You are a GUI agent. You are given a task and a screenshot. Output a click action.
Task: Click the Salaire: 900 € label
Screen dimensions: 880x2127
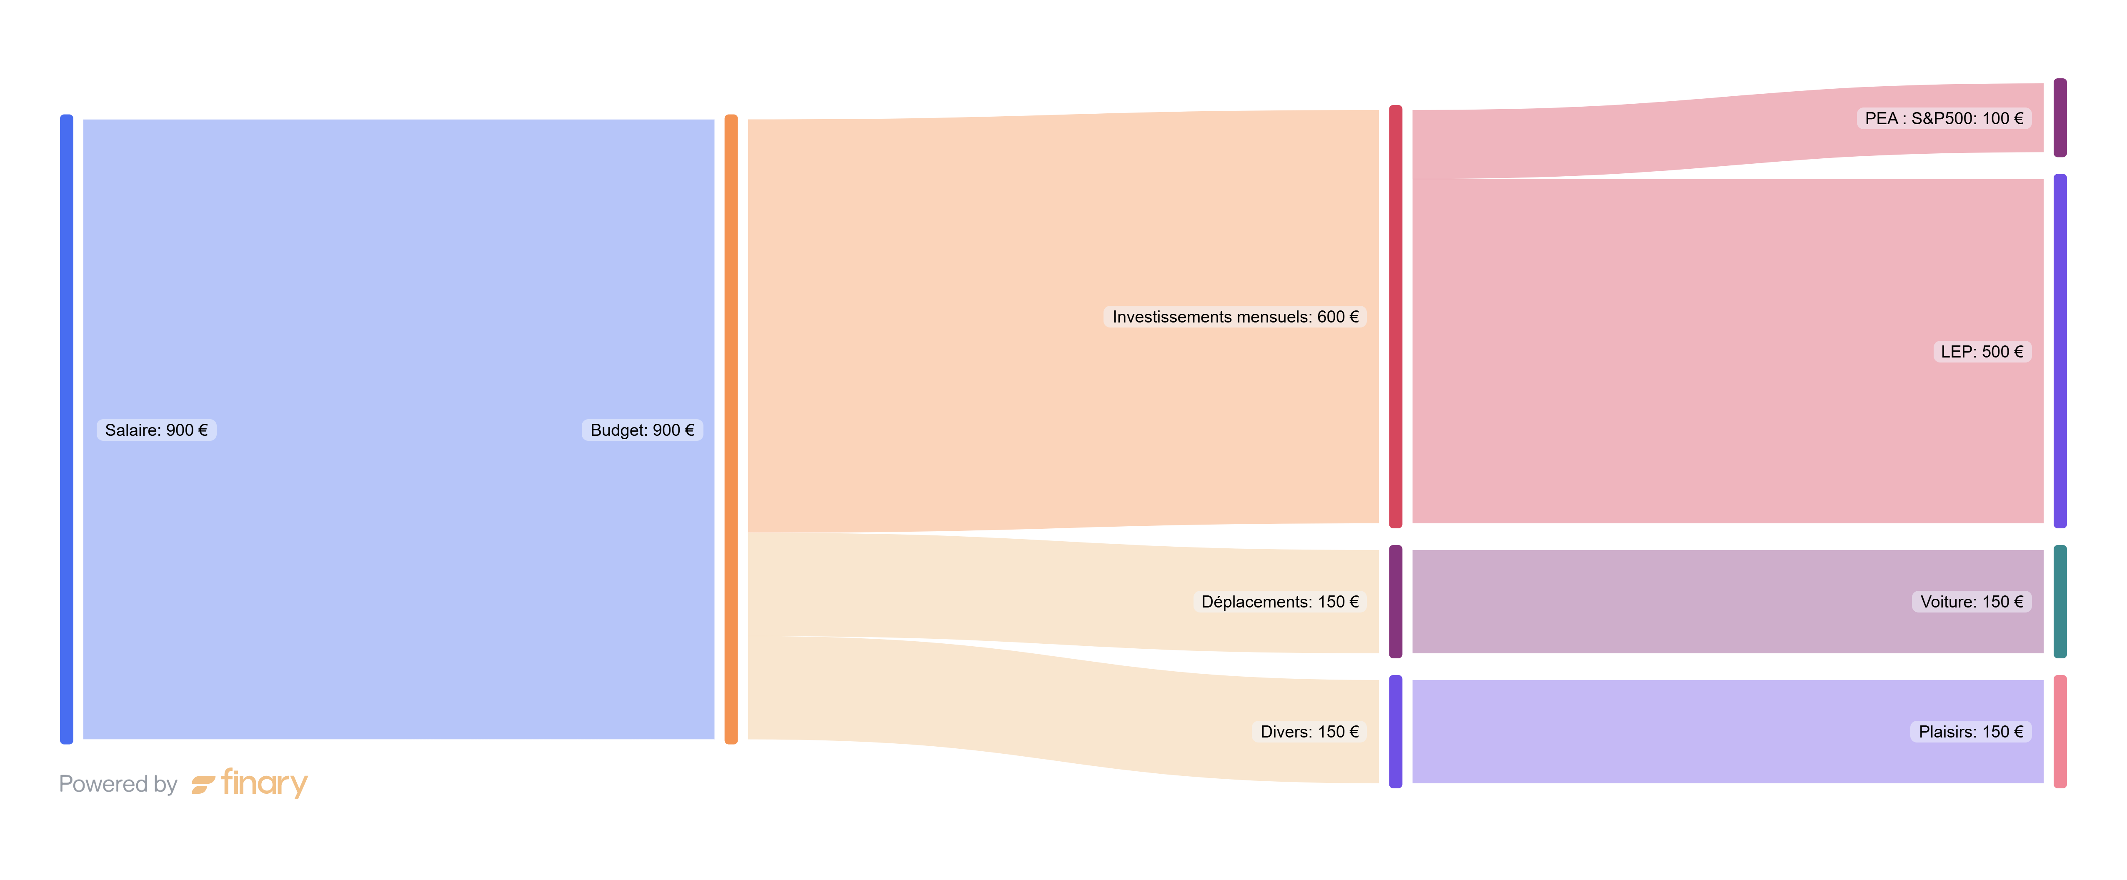[156, 430]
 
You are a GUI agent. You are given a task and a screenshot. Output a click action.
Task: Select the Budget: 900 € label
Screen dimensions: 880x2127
[643, 430]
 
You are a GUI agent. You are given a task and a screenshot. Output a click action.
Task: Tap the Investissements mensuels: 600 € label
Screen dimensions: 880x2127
[1234, 317]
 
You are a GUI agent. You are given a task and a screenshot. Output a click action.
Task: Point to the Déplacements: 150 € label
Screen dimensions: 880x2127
[1279, 602]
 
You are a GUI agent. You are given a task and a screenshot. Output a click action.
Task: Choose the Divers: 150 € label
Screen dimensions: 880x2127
[1309, 731]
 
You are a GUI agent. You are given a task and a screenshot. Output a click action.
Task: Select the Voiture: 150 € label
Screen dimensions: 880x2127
[1971, 602]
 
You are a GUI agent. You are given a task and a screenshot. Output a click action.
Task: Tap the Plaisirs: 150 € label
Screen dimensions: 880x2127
[1970, 731]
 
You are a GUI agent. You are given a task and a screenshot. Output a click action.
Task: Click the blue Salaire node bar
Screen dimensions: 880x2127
[67, 429]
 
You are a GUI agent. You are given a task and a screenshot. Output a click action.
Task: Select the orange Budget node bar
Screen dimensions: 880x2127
[731, 429]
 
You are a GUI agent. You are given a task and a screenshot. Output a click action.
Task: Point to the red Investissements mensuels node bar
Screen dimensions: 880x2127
[1396, 316]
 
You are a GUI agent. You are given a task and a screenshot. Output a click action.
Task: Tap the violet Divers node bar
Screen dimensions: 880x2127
[1396, 731]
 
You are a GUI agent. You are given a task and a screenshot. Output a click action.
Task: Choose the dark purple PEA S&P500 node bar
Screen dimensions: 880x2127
[2060, 118]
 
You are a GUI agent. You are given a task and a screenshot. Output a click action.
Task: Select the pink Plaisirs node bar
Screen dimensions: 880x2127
[2060, 731]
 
